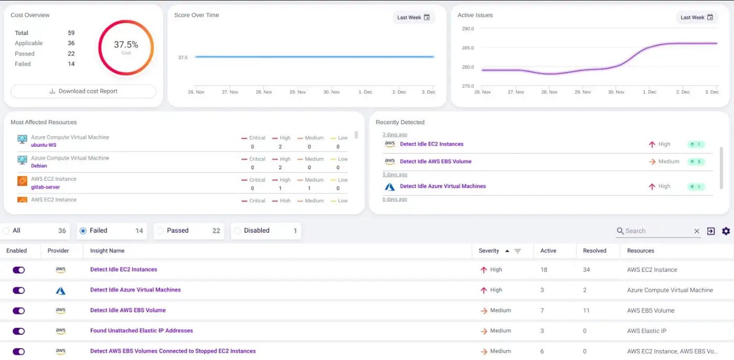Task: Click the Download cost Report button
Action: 83,91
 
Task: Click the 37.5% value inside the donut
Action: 126,45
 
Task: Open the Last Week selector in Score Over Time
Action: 413,17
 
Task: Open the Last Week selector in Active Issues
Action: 696,17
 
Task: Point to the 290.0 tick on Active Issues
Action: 468,29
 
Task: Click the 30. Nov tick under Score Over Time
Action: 331,92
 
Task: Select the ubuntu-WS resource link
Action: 44,145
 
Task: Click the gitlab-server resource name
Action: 45,187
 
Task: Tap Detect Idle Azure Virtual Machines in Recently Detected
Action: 442,186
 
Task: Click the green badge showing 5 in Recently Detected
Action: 696,161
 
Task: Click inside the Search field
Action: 655,231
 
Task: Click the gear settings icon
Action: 726,231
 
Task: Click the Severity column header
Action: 489,251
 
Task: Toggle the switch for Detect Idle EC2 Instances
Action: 19,270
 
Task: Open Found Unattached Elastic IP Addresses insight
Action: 142,331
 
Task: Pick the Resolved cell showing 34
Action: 586,270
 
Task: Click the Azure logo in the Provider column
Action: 60,290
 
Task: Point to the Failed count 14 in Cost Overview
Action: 71,64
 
